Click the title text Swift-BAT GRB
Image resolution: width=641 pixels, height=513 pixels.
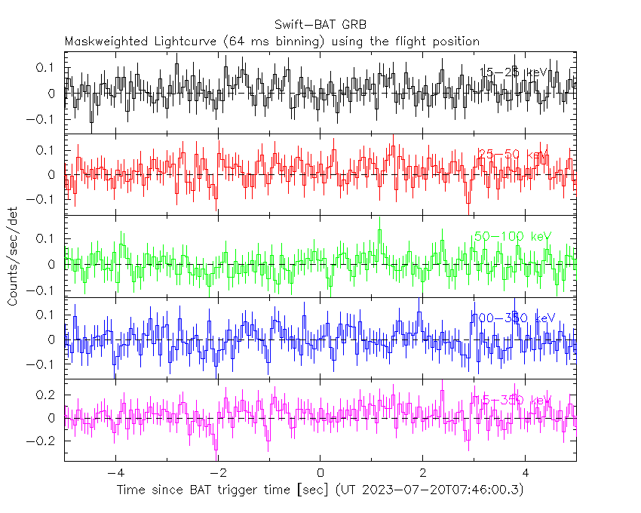320,26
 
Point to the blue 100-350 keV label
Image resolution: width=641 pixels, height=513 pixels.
513,318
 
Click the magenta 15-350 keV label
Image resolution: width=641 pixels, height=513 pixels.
513,400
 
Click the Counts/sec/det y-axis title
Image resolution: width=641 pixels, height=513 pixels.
13,256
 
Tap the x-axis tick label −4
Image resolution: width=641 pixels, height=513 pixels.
115,474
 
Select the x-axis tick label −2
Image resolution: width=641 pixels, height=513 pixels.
217,474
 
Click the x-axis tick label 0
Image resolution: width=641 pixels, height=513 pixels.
320,474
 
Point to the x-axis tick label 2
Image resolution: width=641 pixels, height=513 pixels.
423,474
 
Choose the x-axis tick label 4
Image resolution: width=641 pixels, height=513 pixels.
526,474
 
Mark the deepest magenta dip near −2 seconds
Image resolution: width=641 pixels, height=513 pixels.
216,450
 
